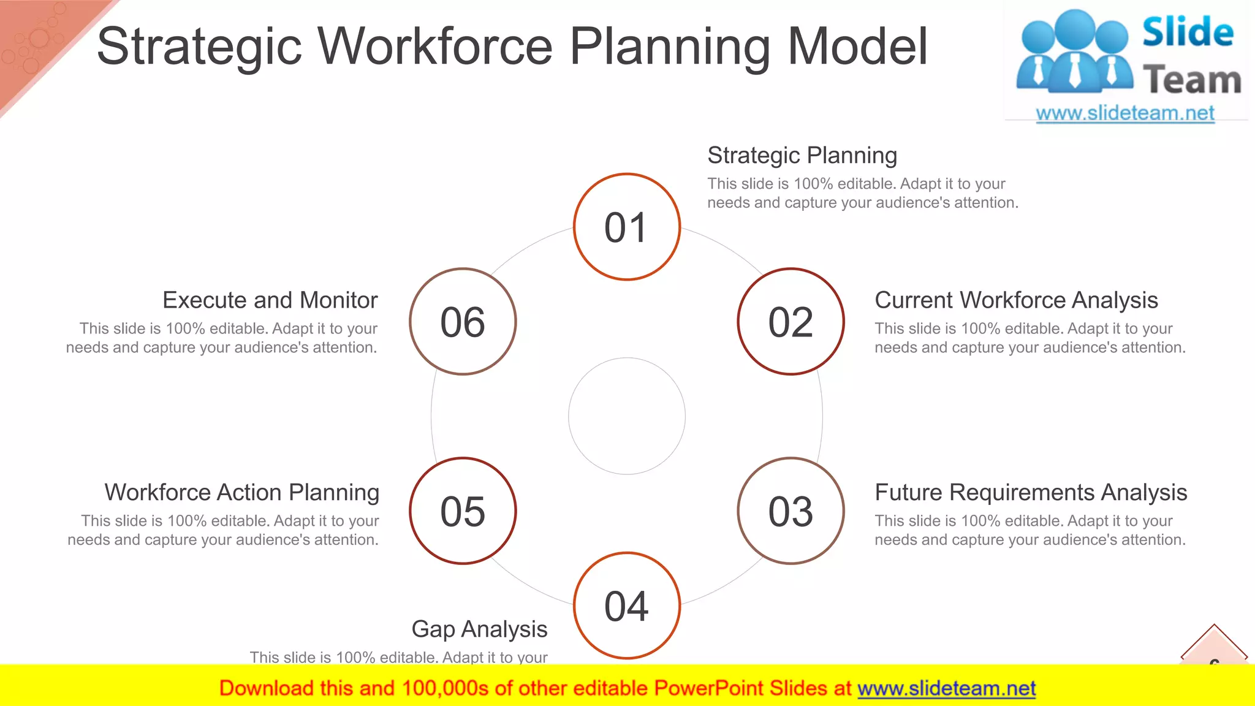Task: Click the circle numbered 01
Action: click(626, 227)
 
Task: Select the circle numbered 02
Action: click(791, 322)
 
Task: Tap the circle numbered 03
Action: click(791, 511)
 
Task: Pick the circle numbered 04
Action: click(626, 605)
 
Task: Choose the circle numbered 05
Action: click(463, 511)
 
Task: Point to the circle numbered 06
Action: click(463, 322)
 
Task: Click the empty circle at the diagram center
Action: click(626, 416)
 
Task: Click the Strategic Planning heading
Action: click(802, 156)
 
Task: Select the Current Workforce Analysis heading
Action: click(1015, 300)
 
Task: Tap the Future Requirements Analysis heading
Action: click(1030, 493)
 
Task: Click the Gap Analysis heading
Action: click(479, 629)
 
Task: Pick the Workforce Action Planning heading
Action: click(241, 493)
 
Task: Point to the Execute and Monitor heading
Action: click(270, 300)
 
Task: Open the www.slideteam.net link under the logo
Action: click(1124, 113)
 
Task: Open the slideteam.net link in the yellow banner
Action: click(946, 689)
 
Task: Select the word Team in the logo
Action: click(1191, 80)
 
